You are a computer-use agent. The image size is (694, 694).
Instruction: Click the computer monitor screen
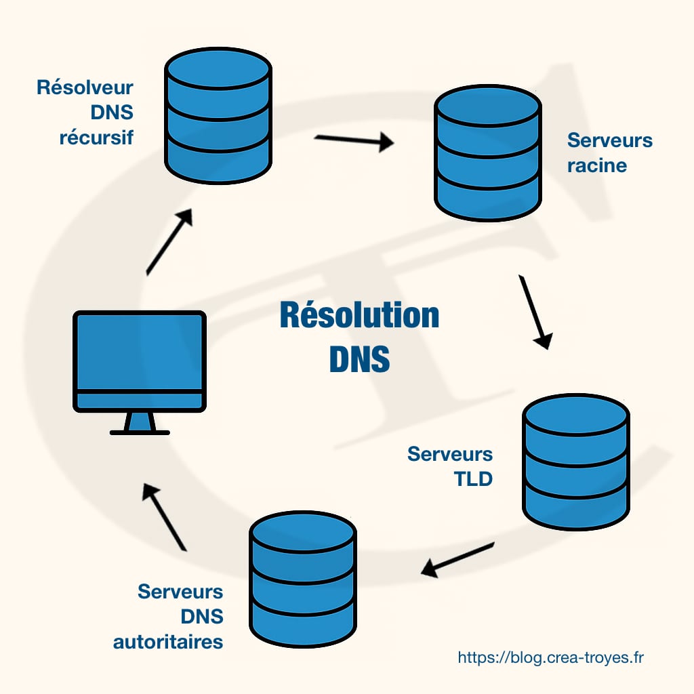click(139, 352)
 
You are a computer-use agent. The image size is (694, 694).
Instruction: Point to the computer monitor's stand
click(140, 424)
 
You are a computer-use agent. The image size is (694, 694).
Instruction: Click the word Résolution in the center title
click(359, 316)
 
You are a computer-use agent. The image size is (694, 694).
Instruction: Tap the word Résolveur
click(85, 87)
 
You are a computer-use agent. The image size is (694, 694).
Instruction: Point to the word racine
click(597, 165)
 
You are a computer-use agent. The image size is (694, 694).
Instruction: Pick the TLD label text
click(472, 479)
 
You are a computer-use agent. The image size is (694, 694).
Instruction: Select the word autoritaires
click(168, 641)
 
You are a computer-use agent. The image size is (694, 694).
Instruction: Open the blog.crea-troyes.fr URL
click(550, 657)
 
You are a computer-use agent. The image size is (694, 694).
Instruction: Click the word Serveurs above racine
click(610, 140)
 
